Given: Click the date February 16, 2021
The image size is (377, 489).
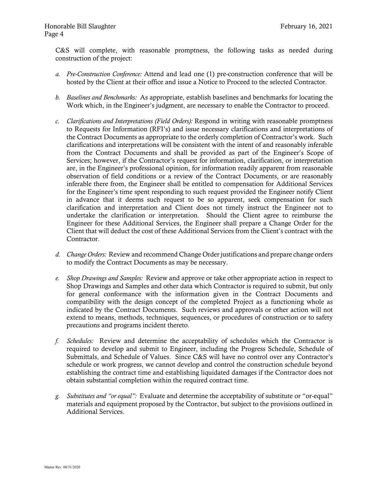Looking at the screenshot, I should click(306, 26).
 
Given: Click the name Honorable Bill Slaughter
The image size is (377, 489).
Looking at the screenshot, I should click(80, 26).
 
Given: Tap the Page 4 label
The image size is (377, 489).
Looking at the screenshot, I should click(54, 34).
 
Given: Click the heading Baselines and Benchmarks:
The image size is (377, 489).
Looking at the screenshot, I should click(102, 97).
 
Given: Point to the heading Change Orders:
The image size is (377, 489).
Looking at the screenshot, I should click(86, 254).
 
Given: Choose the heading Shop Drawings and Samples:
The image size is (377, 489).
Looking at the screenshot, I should click(105, 278).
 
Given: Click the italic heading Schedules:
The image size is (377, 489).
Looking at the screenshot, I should click(80, 341).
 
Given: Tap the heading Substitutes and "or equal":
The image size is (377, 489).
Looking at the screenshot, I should click(102, 396).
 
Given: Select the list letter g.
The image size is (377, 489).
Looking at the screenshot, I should click(57, 396).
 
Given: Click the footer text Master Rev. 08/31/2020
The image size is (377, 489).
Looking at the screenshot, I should click(62, 467).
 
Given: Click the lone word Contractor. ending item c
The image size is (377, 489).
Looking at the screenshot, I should click(83, 239).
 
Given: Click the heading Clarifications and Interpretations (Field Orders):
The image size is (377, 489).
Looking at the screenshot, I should click(130, 121).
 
